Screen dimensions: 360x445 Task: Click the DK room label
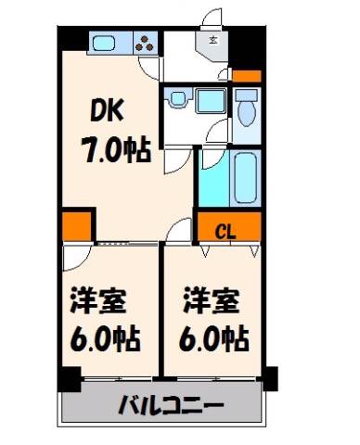click(108, 110)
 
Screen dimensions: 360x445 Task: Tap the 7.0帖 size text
click(116, 150)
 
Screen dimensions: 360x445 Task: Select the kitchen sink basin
click(105, 43)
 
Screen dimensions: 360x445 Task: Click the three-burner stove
click(145, 43)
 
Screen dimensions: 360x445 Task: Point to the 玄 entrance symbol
click(212, 40)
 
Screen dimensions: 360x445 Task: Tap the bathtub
click(246, 178)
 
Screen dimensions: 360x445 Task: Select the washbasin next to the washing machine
click(177, 98)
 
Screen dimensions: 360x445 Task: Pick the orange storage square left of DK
click(77, 226)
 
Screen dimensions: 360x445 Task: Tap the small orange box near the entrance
click(247, 76)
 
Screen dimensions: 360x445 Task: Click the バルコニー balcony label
click(171, 403)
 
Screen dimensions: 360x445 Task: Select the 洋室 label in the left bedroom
click(98, 301)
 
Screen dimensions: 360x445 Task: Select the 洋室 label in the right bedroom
click(212, 300)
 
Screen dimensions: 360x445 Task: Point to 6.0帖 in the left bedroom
click(105, 338)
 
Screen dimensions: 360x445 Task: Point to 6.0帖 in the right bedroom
click(214, 337)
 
